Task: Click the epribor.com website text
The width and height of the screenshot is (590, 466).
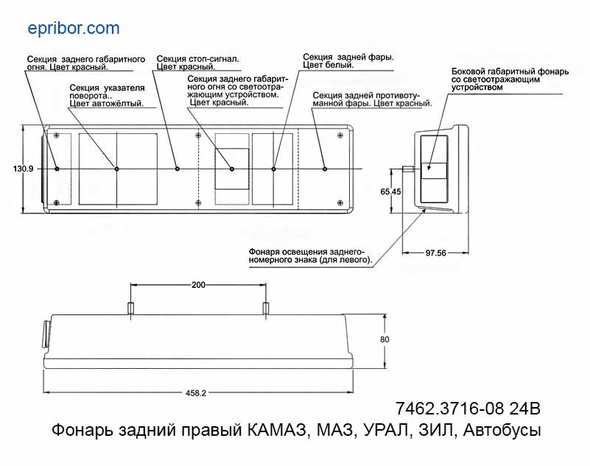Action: [73, 29]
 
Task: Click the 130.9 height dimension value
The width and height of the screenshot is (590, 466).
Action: [24, 169]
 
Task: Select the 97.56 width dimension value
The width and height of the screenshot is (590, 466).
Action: [436, 253]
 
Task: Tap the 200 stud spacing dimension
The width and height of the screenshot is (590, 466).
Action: [197, 285]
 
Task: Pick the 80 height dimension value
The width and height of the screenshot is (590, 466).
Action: [384, 339]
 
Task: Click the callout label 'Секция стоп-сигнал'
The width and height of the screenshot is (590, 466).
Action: [198, 62]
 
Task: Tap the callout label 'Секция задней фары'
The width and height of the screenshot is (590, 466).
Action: [348, 60]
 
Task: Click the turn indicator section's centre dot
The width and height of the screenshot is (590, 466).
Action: [117, 169]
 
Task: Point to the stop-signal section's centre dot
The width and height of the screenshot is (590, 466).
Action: [177, 169]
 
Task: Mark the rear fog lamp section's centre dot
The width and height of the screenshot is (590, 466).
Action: [325, 169]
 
